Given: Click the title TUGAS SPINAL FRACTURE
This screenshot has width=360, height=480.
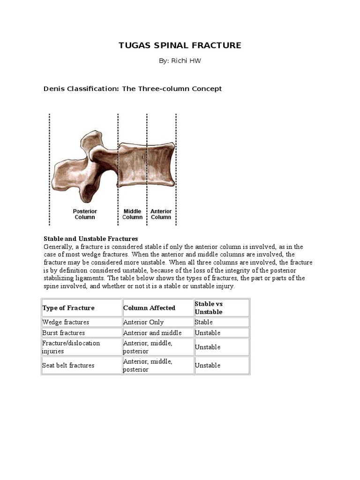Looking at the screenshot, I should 180,45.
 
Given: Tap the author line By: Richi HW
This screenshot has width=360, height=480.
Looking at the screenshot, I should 180,61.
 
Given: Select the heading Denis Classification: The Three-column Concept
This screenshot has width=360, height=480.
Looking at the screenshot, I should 133,89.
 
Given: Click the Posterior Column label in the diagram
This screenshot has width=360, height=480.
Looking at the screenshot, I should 84,214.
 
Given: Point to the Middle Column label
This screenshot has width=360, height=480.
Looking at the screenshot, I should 132,214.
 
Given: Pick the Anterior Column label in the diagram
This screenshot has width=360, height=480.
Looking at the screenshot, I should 161,214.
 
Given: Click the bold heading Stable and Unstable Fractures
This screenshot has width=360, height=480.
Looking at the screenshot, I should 90,239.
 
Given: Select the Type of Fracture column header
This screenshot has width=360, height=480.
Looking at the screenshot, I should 68,308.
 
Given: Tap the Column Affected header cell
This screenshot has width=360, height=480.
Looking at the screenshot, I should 149,308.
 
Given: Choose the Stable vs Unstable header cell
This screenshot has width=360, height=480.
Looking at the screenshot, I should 209,308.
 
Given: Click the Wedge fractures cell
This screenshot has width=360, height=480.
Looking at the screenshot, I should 66,322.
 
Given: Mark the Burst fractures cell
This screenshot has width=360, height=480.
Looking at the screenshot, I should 64,333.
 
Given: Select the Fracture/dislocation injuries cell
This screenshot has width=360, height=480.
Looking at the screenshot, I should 71,347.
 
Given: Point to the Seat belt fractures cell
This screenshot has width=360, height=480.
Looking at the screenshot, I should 68,366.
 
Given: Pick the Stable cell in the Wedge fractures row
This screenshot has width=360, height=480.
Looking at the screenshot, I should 204,322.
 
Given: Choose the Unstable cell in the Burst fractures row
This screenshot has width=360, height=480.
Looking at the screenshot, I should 208,333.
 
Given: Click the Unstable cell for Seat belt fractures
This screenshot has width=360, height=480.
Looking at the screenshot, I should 208,366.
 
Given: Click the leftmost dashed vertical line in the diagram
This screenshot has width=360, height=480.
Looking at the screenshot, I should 50,169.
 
